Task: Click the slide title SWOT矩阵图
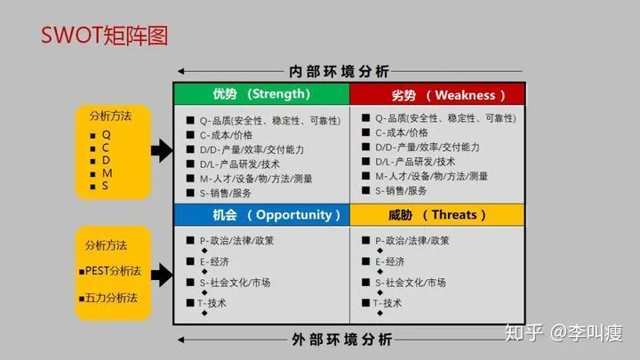click(105, 35)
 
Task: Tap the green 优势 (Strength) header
click(260, 93)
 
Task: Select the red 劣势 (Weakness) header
click(436, 94)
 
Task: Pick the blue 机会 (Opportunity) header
click(260, 214)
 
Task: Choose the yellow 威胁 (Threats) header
click(436, 214)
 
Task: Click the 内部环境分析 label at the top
click(340, 71)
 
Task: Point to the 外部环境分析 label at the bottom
click(340, 339)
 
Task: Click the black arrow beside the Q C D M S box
click(161, 150)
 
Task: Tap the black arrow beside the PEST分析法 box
click(161, 272)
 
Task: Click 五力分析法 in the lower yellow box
click(110, 298)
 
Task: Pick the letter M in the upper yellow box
click(107, 172)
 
